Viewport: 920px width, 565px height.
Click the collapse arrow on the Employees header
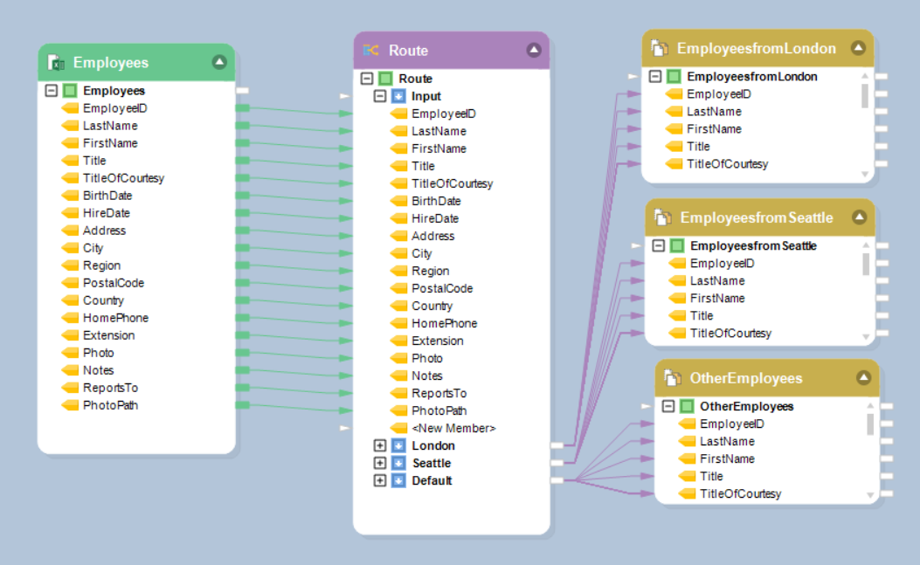pyautogui.click(x=219, y=62)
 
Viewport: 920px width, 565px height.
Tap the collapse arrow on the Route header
pyautogui.click(x=534, y=50)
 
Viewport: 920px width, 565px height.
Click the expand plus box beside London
pyautogui.click(x=379, y=445)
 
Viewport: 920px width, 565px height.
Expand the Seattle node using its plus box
pyautogui.click(x=379, y=463)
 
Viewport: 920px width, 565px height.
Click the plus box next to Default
pyautogui.click(x=379, y=480)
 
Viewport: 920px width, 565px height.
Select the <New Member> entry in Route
pyautogui.click(x=453, y=428)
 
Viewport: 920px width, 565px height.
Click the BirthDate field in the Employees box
pyautogui.click(x=107, y=196)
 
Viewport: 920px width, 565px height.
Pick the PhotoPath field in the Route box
pyautogui.click(x=439, y=410)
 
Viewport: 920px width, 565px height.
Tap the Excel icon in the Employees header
pyautogui.click(x=56, y=63)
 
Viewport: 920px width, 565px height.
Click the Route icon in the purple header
pyautogui.click(x=371, y=51)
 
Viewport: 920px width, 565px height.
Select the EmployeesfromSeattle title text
pyautogui.click(x=757, y=217)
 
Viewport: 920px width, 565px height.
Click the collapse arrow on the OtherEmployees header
pyautogui.click(x=864, y=378)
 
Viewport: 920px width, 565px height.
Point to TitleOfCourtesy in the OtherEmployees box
pyautogui.click(x=740, y=493)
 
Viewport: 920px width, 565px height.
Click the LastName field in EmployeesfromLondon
pyautogui.click(x=714, y=111)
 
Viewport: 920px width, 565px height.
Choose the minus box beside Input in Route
pyautogui.click(x=379, y=96)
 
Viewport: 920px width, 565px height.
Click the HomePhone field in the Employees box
pyautogui.click(x=115, y=318)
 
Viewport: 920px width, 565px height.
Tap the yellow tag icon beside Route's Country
pyautogui.click(x=398, y=306)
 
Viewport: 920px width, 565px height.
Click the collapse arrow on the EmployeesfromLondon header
pyautogui.click(x=859, y=48)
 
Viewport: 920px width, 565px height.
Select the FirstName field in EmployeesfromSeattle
pyautogui.click(x=717, y=298)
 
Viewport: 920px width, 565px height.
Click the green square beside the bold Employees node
pyautogui.click(x=70, y=91)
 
